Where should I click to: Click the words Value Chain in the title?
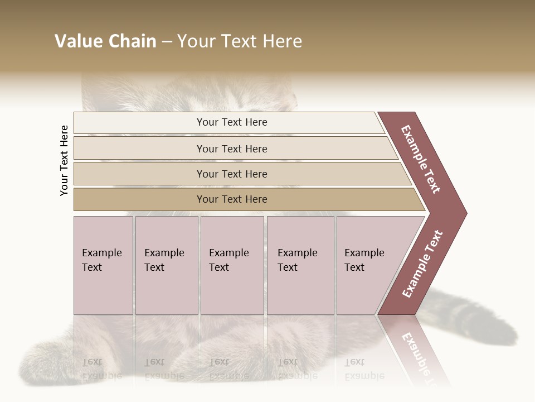coord(105,41)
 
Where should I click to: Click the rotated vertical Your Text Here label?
coord(64,160)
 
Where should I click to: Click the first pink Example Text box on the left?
coord(103,265)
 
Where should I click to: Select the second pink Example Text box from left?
coord(167,265)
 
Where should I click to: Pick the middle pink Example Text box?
coord(232,265)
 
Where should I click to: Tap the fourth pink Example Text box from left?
coord(300,265)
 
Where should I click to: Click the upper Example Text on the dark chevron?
coord(421,159)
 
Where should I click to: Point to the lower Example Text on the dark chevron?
coord(422,264)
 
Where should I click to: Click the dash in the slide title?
coord(166,42)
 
